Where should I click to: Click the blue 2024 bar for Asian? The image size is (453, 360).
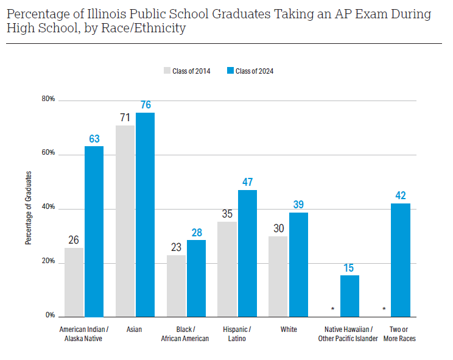[x=145, y=214]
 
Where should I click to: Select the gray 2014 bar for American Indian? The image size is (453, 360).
[x=74, y=282]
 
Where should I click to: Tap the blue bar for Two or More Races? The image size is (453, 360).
[x=401, y=260]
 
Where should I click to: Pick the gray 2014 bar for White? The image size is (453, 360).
[x=278, y=277]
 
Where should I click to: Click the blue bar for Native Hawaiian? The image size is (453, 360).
[x=349, y=296]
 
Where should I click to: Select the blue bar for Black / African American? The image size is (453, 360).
[x=196, y=278]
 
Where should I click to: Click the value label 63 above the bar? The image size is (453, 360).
[x=94, y=139]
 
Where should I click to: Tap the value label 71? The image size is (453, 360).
[x=125, y=117]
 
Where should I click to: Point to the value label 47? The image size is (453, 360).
[x=247, y=182]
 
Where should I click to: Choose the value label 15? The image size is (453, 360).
[x=349, y=267]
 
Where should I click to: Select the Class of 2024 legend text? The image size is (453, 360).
[x=255, y=71]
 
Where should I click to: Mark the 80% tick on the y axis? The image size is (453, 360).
[x=48, y=99]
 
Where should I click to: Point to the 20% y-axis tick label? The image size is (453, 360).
[x=48, y=262]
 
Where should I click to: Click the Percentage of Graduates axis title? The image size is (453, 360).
[x=28, y=208]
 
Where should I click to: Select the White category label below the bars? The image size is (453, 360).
[x=289, y=330]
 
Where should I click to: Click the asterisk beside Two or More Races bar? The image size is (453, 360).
[x=384, y=309]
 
